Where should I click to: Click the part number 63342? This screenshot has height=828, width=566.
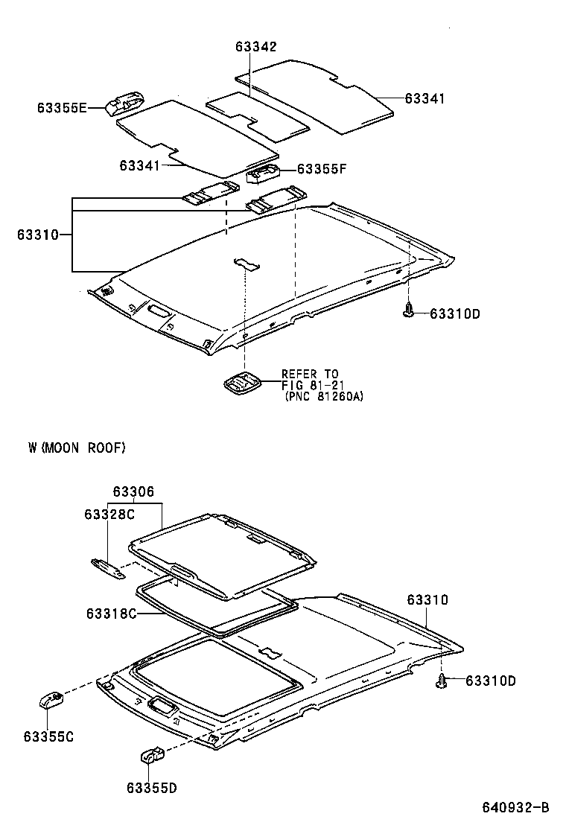tap(256, 47)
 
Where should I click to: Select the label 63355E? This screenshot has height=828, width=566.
tap(62, 109)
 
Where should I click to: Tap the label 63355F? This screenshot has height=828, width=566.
tap(322, 169)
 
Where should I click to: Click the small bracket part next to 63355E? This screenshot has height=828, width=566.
tap(124, 103)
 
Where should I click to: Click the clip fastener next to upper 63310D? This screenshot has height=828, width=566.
tap(408, 311)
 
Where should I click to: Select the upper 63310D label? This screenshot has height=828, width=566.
tap(454, 313)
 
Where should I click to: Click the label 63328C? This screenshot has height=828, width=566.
tap(109, 515)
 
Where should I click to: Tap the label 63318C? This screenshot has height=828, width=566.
tap(111, 614)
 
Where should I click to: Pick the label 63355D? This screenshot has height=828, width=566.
tap(151, 787)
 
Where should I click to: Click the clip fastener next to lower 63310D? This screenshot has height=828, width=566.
tap(443, 681)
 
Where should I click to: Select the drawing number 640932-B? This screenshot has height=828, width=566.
tap(514, 807)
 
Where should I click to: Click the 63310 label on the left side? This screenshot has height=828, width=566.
tap(38, 235)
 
